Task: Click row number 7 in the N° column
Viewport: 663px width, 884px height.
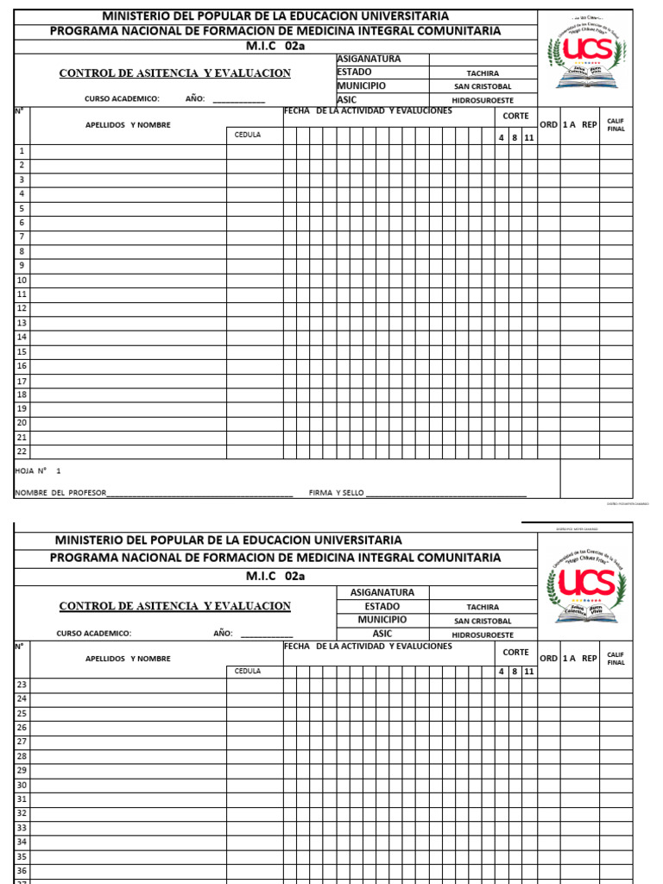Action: pyautogui.click(x=22, y=237)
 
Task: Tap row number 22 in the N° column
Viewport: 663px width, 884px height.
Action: pyautogui.click(x=22, y=451)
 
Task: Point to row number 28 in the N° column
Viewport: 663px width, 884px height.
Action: pyautogui.click(x=22, y=756)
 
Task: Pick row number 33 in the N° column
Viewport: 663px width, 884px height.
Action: pyautogui.click(x=22, y=828)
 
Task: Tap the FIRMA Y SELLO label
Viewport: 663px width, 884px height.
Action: pyautogui.click(x=337, y=493)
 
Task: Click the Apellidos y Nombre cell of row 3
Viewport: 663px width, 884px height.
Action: pyautogui.click(x=128, y=180)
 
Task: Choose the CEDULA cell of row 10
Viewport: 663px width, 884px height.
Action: pyautogui.click(x=255, y=280)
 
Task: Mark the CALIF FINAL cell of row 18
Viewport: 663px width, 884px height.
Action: pyautogui.click(x=615, y=395)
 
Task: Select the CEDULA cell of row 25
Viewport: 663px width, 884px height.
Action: pyautogui.click(x=255, y=713)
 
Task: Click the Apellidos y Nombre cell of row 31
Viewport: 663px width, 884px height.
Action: pyautogui.click(x=128, y=799)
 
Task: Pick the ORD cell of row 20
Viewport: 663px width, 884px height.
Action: pyautogui.click(x=548, y=423)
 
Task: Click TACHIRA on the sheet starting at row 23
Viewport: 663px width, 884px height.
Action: pyautogui.click(x=483, y=607)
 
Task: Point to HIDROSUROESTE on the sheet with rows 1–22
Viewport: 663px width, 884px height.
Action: pyautogui.click(x=483, y=100)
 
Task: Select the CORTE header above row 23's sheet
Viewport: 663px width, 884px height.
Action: pyautogui.click(x=516, y=653)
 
